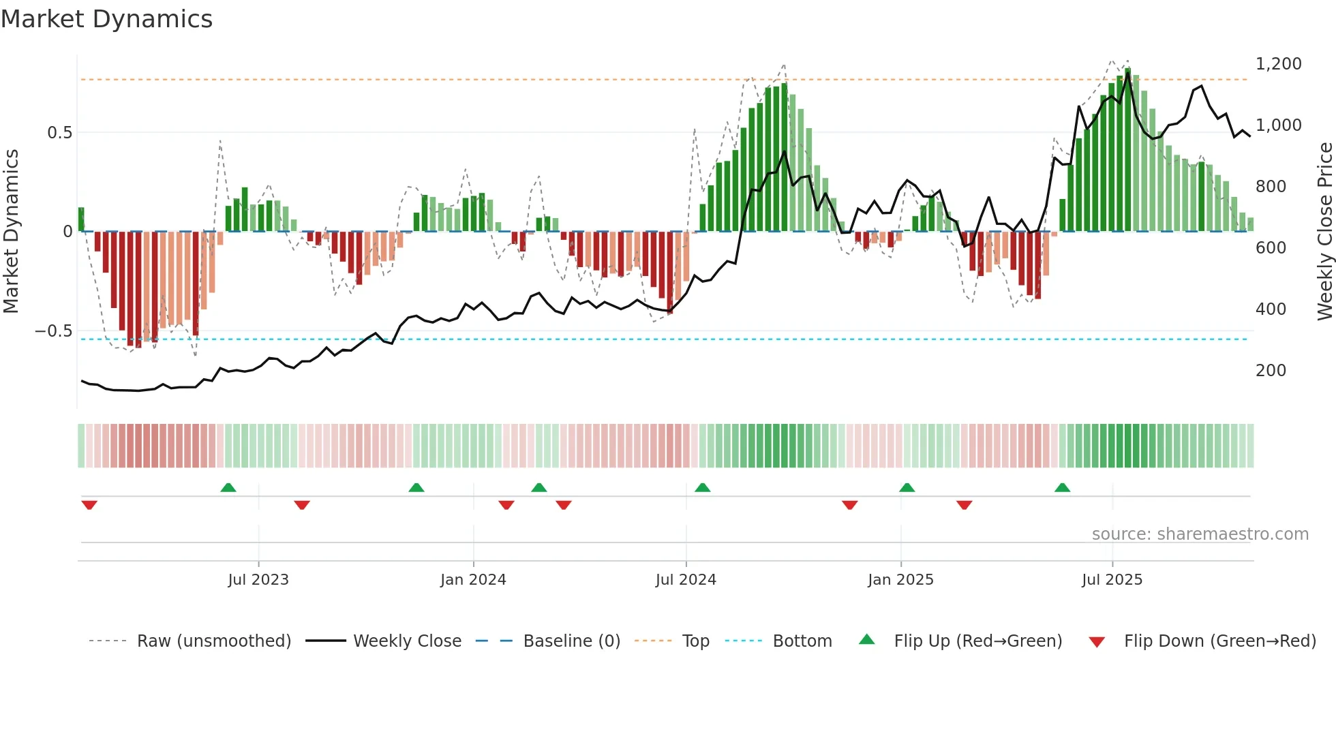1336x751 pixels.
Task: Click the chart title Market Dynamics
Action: tap(106, 19)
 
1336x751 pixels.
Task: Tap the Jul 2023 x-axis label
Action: tap(258, 580)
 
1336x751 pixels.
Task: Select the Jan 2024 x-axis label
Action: tap(473, 580)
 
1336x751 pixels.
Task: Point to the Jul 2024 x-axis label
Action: tap(686, 580)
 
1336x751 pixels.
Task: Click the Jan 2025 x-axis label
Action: tap(900, 580)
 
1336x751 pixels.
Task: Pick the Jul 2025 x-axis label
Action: tap(1112, 580)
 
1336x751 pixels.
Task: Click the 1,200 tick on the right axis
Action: tap(1278, 64)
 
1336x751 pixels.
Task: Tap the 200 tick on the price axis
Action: tap(1271, 371)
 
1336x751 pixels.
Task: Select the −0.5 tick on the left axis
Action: tap(53, 331)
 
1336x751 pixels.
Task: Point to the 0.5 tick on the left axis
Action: tap(59, 133)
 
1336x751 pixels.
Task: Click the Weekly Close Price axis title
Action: tap(1324, 232)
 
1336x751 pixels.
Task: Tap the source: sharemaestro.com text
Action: tap(1200, 534)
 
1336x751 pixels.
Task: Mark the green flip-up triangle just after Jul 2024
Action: tap(702, 487)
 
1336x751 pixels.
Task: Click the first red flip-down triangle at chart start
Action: tap(89, 505)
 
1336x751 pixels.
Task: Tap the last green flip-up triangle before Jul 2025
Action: tap(1062, 487)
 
